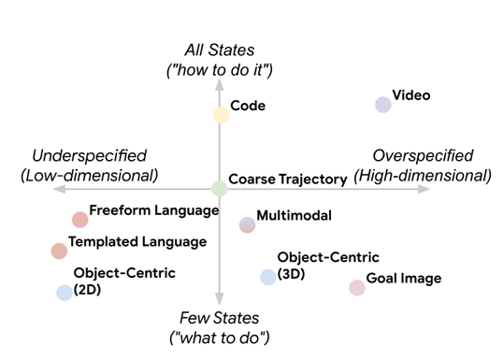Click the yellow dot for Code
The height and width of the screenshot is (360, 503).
[221, 115]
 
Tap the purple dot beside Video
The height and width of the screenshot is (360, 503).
[383, 105]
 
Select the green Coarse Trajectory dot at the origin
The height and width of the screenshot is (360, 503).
[220, 189]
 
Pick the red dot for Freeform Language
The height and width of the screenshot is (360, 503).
[79, 220]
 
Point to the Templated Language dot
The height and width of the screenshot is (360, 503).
[59, 251]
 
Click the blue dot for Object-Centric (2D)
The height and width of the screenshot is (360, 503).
[65, 293]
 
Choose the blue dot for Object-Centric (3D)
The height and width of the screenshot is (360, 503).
[268, 277]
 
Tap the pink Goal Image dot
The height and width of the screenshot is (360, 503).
[357, 287]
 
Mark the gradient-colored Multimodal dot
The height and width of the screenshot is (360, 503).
[248, 225]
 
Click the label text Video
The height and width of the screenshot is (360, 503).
[411, 95]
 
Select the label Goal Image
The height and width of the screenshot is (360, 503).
[404, 279]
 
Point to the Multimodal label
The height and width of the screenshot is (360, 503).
[295, 215]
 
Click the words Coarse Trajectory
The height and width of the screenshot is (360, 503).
[288, 180]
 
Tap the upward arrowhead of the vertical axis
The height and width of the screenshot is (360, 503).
[220, 84]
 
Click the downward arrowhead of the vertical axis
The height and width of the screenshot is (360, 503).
[220, 299]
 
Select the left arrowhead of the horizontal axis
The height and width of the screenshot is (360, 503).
[59, 189]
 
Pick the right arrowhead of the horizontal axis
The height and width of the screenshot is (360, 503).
[424, 189]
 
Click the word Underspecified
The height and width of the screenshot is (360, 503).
[89, 156]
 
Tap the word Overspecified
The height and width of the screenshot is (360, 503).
[423, 156]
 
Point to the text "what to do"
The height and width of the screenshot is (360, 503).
[220, 338]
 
